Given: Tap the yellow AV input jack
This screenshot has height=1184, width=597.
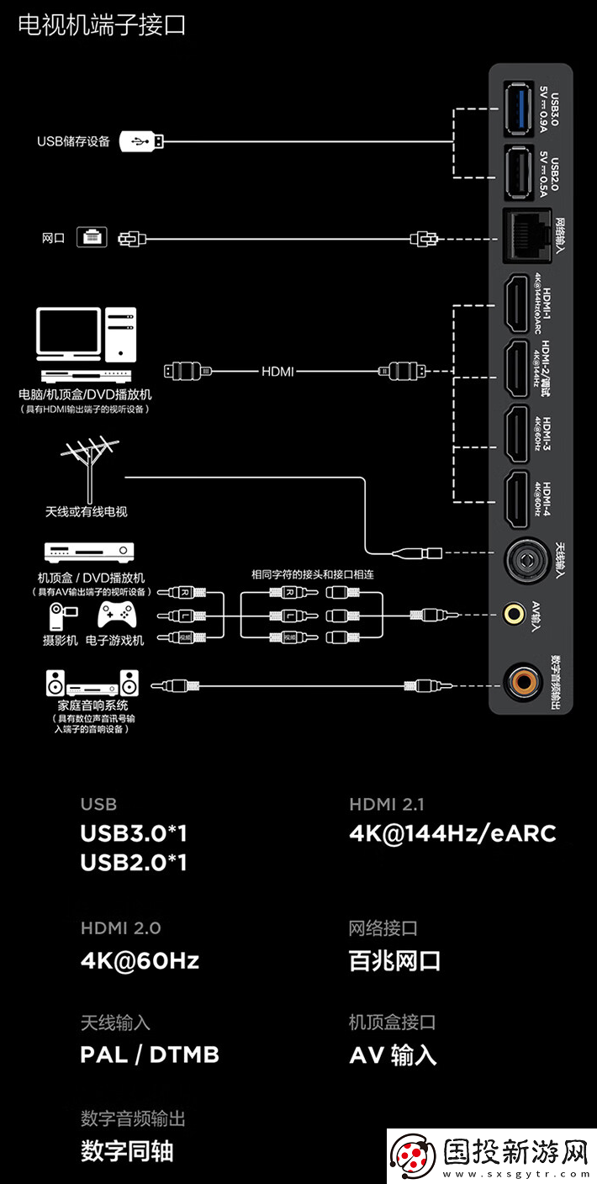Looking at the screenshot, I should (x=514, y=614).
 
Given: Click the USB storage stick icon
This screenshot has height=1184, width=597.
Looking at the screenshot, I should (x=142, y=140).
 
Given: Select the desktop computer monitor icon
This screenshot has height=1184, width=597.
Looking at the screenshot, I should (x=69, y=333).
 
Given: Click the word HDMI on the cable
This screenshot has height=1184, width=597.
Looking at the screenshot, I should (x=277, y=370).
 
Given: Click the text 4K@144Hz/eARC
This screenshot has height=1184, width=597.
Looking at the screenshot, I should (x=452, y=833).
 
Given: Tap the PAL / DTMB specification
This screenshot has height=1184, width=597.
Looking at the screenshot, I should (x=150, y=1054).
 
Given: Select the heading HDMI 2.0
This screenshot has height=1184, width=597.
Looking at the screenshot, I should (x=120, y=928).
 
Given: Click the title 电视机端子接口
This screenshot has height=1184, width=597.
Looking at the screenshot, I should (x=101, y=26).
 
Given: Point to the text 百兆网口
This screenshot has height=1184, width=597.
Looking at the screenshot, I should (x=394, y=961).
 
